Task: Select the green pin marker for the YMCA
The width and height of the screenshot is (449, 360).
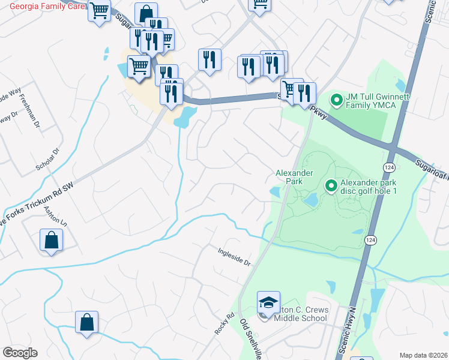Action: coord(336,100)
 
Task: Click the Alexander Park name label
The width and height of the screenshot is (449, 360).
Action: coord(294,177)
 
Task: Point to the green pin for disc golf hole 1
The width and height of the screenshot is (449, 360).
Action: coord(330,187)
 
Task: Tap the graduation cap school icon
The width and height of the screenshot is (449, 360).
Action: coord(269,302)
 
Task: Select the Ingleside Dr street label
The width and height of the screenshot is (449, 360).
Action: coord(234,260)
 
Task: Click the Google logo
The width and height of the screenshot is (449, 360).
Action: coord(20,353)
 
